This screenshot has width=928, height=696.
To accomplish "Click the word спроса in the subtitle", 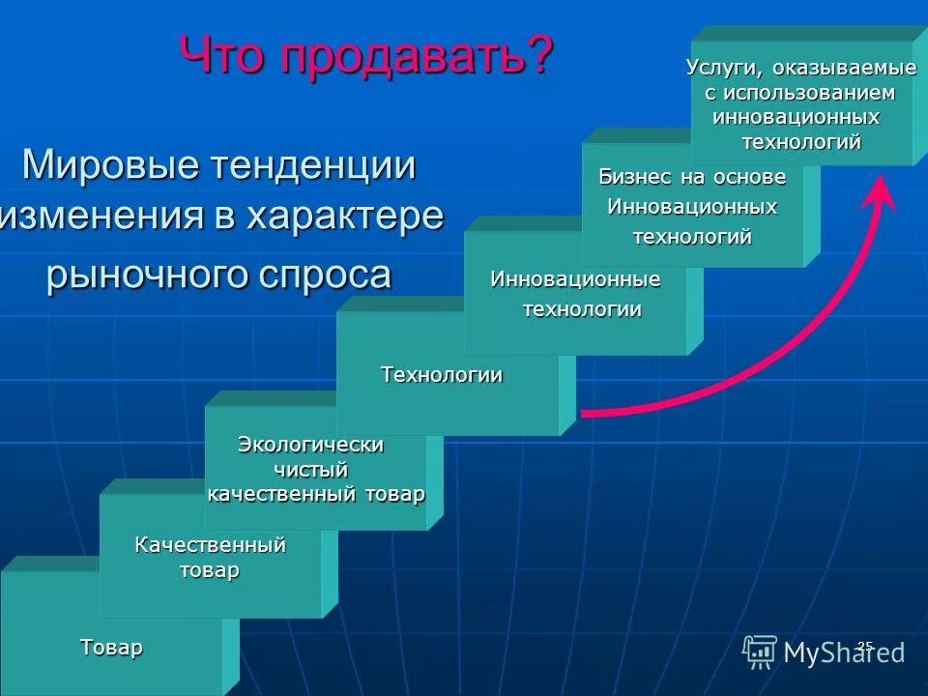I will (x=325, y=275).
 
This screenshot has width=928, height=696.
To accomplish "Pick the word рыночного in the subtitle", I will (x=146, y=275).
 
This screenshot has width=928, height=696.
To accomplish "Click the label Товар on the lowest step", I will (x=111, y=647).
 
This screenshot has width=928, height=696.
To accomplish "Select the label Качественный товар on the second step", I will (x=210, y=558).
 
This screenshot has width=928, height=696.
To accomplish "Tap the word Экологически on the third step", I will (x=310, y=445).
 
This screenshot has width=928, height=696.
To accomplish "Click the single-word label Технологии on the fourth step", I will (x=442, y=375).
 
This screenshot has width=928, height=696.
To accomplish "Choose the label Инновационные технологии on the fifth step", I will (x=576, y=294).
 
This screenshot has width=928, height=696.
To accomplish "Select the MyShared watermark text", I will (x=843, y=652).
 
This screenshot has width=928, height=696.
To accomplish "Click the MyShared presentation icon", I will (x=760, y=652).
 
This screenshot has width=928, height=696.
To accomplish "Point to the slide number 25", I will (x=865, y=645).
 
